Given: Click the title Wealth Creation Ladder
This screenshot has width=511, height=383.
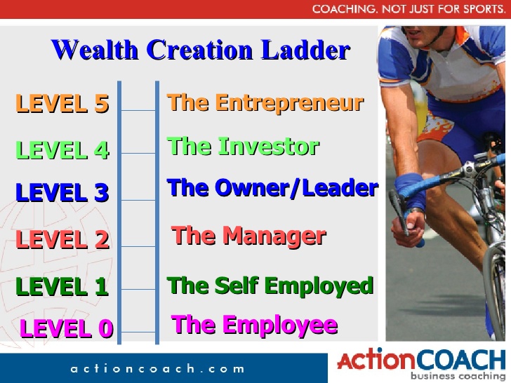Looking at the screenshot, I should point(200,51).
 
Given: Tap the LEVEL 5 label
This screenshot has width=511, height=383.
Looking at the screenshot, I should point(62,104).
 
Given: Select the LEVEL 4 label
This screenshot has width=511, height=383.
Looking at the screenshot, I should point(62,150).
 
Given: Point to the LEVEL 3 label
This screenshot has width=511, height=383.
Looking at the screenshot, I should point(62,192).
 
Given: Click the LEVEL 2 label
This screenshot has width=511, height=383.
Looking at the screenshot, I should point(62,240).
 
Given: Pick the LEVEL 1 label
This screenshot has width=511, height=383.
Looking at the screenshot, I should point(62,286).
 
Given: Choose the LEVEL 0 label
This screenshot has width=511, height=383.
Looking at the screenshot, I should point(67,328).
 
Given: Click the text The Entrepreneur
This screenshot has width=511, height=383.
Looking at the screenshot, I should point(265,103).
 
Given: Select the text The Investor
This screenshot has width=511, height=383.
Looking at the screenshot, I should point(243,147).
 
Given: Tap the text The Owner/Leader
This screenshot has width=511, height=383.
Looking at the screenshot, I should point(272,188).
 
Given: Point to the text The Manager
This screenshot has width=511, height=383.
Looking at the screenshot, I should point(248,235).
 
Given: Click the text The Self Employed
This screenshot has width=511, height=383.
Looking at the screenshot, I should point(270,285).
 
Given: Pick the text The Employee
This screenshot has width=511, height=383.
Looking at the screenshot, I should point(254,325).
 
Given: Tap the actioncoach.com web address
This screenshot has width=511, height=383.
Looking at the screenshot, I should point(157,368).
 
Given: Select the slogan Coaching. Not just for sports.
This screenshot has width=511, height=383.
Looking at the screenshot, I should point(409,9).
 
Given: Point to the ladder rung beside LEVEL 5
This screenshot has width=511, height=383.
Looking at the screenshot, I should point(138,110).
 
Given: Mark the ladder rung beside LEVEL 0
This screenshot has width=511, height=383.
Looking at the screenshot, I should point(138,332).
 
